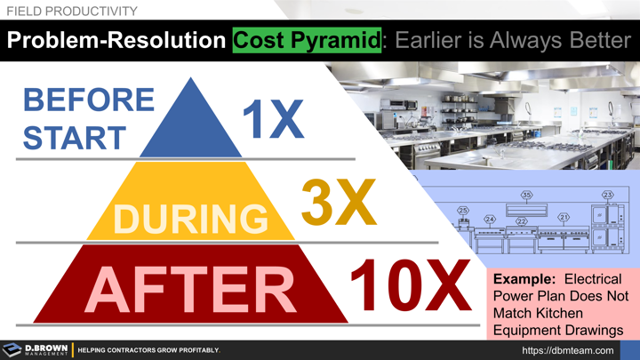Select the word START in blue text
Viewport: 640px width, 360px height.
point(75,138)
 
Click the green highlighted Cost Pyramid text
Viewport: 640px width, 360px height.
point(305,42)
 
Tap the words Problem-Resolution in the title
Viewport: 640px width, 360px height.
point(115,42)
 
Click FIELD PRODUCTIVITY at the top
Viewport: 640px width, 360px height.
point(70,11)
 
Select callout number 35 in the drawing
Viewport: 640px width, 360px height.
point(526,195)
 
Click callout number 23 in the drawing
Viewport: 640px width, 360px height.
point(608,195)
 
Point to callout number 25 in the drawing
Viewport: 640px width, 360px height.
point(463,211)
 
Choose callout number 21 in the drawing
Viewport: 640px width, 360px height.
point(564,217)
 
